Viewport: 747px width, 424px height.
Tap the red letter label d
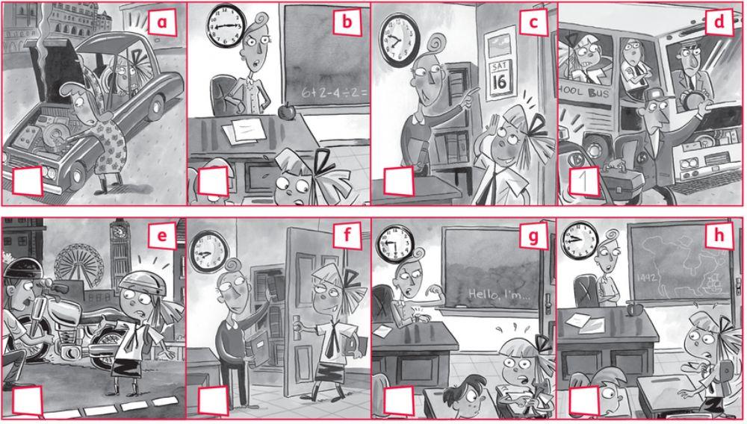pyautogui.click(x=719, y=23)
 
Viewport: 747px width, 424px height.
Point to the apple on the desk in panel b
pyautogui.click(x=283, y=111)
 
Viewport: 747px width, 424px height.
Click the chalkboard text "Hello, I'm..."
pyautogui.click(x=497, y=296)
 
